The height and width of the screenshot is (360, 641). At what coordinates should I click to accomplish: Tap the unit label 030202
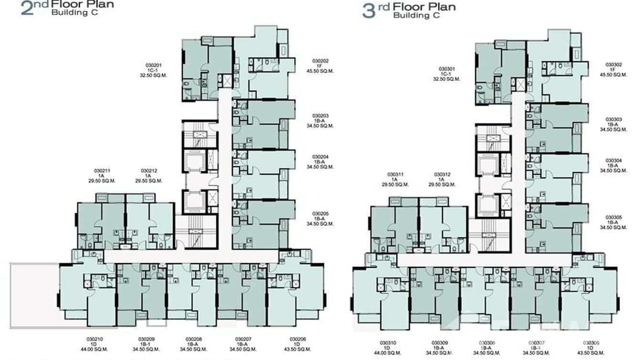click(x=320, y=61)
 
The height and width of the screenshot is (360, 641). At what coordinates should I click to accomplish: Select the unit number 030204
click(x=320, y=157)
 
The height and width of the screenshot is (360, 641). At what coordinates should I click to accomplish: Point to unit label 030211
click(x=102, y=170)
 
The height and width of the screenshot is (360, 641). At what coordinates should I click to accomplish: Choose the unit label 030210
click(x=95, y=339)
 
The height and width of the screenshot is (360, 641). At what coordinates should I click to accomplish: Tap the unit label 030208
click(x=193, y=339)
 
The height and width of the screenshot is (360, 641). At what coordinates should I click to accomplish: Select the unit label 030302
click(x=613, y=64)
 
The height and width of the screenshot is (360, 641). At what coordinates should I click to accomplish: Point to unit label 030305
click(x=613, y=217)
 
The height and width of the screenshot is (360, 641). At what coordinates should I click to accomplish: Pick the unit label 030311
click(x=395, y=174)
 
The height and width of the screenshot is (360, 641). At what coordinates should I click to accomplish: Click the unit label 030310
click(x=388, y=343)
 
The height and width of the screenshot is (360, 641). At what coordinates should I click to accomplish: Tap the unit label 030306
click(x=591, y=343)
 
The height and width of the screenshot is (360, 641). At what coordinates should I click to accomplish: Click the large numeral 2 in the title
click(x=27, y=8)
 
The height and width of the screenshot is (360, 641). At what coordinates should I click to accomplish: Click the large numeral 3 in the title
click(x=369, y=11)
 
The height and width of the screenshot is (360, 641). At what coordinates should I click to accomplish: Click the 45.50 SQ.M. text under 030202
click(x=320, y=72)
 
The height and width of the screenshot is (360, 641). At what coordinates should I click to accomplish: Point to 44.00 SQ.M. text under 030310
click(x=388, y=353)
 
